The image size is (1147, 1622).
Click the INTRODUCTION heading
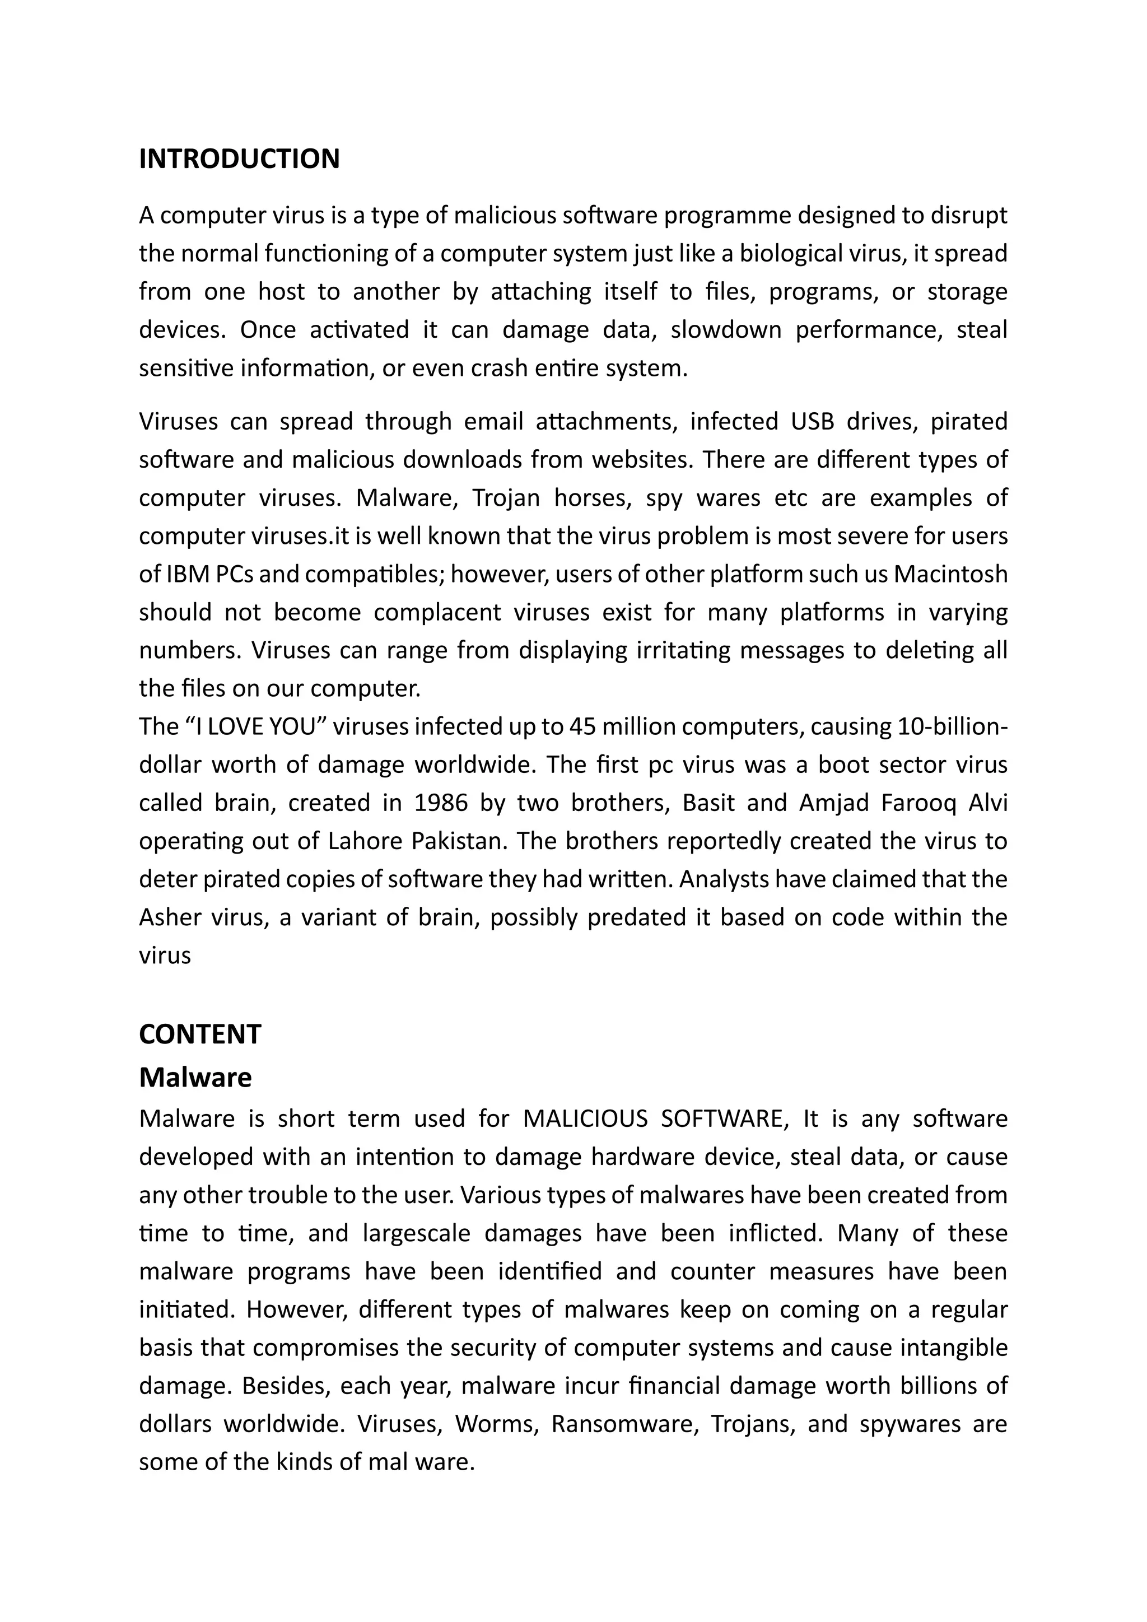point(239,159)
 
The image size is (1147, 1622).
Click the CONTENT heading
point(200,1034)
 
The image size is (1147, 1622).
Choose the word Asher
point(167,917)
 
